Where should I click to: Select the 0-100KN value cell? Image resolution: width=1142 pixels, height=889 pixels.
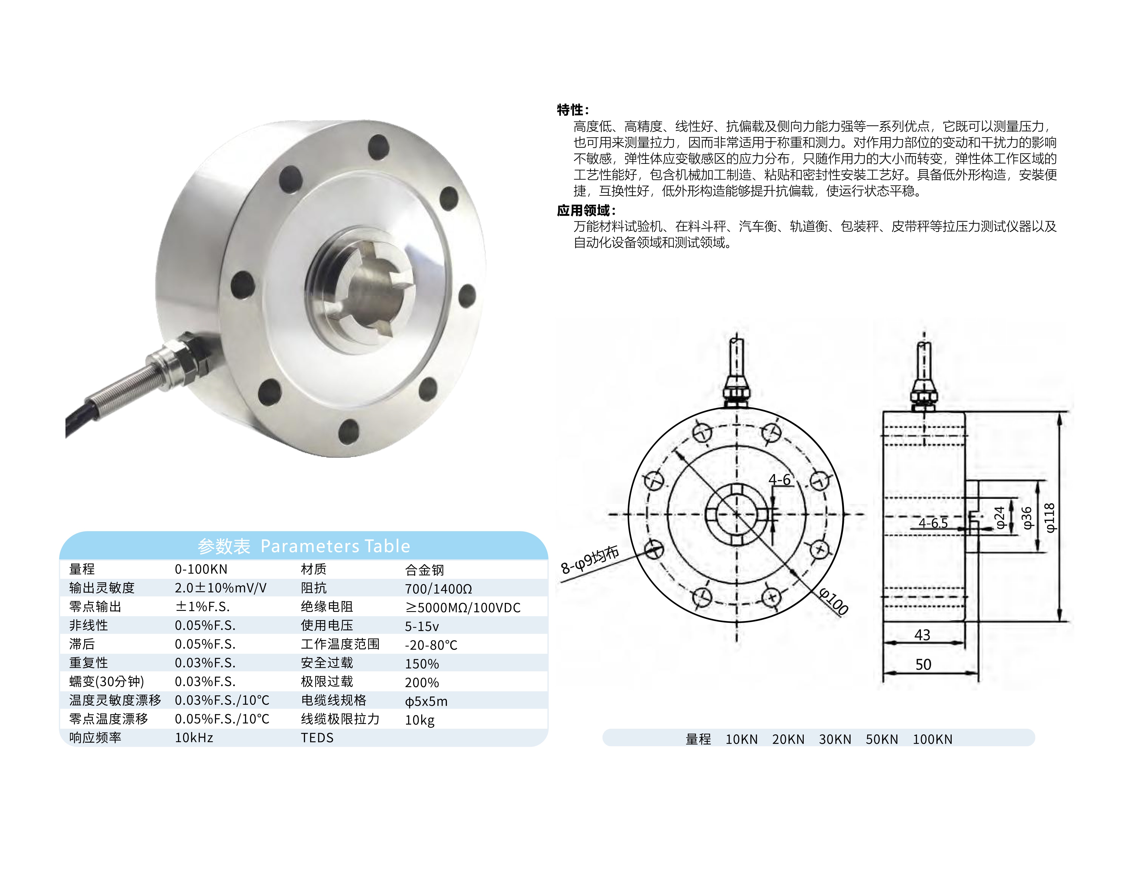[x=201, y=569]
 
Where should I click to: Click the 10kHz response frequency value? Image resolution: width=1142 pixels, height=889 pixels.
[x=193, y=738]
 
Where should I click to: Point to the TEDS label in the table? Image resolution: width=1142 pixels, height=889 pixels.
[x=317, y=738]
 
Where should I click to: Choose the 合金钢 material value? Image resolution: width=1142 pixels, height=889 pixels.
[x=424, y=570]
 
